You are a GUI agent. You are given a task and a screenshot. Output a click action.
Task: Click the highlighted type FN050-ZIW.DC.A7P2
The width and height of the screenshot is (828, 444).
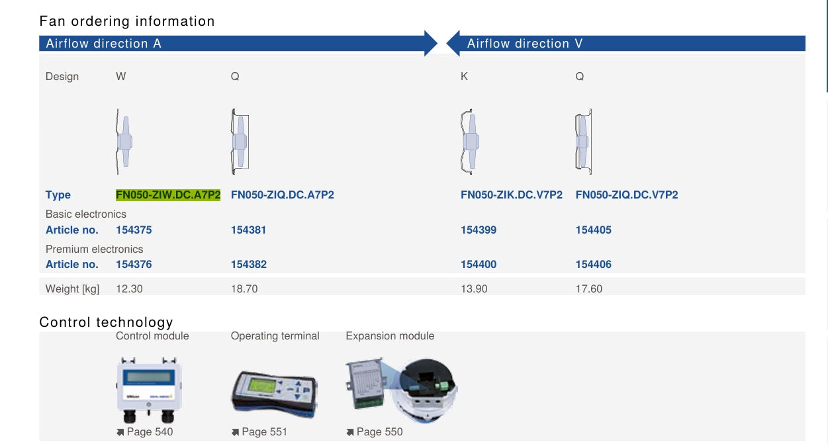168,195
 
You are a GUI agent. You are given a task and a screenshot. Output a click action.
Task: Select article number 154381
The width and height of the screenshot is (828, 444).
248,230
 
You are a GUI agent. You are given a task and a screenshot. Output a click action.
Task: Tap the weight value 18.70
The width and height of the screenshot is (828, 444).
244,289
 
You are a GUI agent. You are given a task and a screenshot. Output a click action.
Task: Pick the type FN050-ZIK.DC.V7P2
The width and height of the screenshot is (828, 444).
512,195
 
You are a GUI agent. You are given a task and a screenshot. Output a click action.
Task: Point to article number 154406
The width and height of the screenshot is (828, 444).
593,264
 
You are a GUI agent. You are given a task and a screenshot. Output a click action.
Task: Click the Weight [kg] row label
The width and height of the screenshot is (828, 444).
72,289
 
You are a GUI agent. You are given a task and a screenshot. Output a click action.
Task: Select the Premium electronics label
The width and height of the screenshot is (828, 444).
94,249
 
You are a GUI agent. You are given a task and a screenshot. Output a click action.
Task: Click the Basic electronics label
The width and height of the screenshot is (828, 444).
86,214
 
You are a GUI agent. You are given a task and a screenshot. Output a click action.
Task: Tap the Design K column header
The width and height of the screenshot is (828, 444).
464,77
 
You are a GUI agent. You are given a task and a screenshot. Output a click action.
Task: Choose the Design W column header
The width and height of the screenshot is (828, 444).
121,77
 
